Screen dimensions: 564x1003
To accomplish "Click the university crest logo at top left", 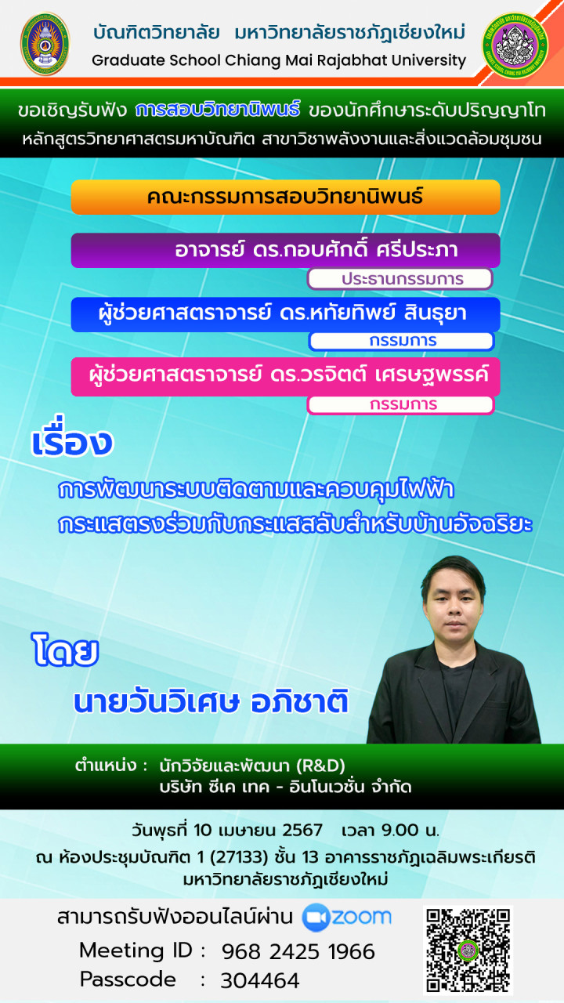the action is point(45,43).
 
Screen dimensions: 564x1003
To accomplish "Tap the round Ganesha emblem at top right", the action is point(515,44).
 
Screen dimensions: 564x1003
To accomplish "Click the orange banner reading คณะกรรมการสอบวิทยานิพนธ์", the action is point(286,197).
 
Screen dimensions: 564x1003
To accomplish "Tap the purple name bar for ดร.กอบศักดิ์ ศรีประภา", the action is point(286,250).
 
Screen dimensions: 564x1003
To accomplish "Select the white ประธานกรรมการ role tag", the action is point(400,279).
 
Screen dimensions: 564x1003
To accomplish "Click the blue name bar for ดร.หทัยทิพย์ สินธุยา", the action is point(286,314).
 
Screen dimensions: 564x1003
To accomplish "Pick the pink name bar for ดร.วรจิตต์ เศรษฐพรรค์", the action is point(286,377).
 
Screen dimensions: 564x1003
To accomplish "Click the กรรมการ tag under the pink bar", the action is point(401,405).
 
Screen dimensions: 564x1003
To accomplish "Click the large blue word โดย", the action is point(65,650).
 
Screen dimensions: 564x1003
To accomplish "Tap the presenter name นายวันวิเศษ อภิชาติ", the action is point(211,701).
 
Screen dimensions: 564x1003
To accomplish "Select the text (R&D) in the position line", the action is point(320,766).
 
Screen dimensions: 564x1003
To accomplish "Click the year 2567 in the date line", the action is point(302,830).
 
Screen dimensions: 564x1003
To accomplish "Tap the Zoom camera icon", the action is point(316,918).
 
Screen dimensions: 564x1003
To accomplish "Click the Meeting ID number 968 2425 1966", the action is point(298,952).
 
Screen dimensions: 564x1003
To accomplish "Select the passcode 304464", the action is point(259,980).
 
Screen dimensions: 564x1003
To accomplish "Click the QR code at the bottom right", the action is point(468,950).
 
